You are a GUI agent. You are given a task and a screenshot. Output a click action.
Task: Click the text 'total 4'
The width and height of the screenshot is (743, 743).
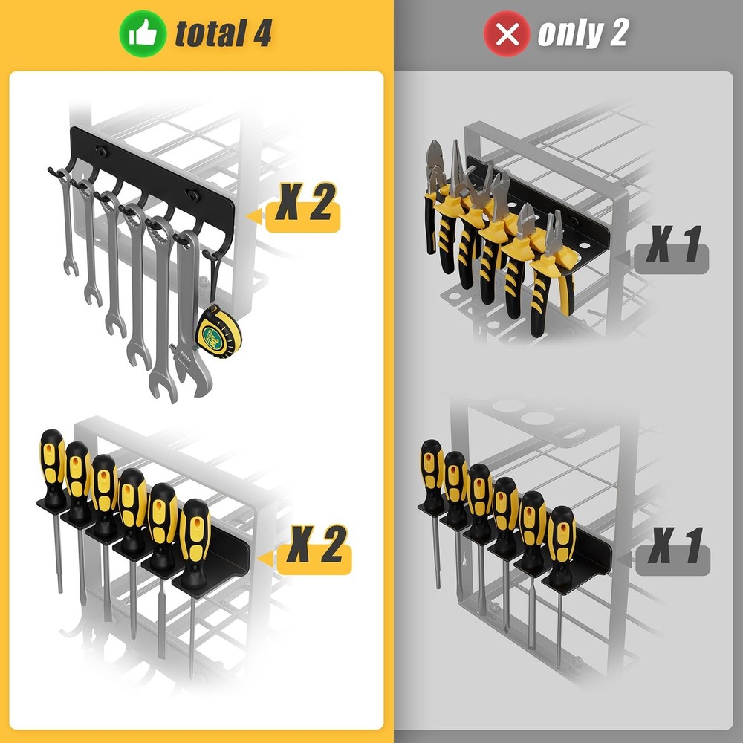(223, 33)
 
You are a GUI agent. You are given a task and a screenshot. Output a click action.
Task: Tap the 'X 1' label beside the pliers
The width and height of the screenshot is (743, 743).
(672, 247)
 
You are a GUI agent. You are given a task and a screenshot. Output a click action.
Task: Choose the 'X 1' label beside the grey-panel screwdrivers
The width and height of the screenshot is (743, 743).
(674, 549)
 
